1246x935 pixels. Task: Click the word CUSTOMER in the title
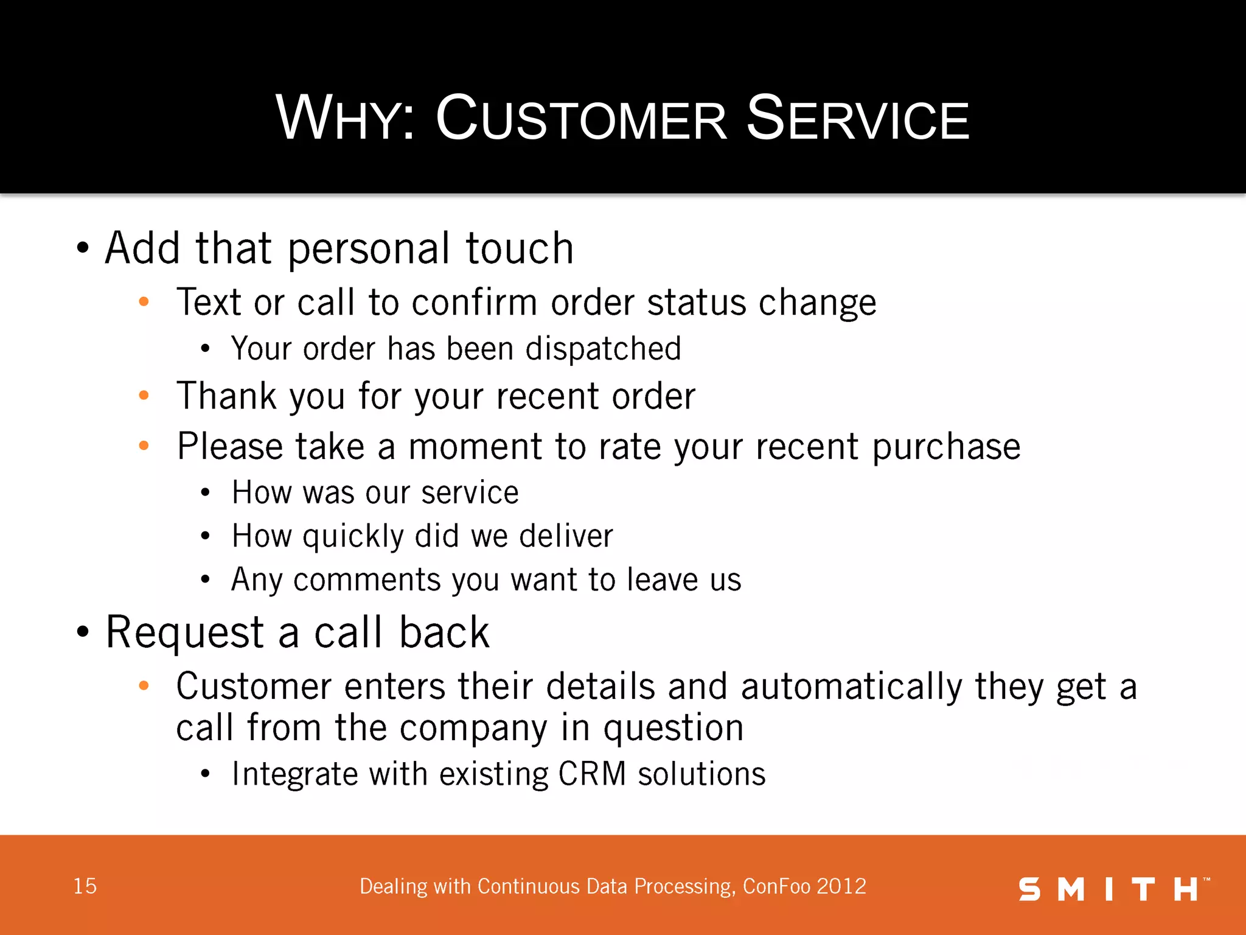tap(581, 119)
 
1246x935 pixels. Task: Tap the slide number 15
tap(85, 886)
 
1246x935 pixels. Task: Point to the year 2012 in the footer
tap(841, 886)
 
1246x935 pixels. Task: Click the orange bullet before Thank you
tap(144, 396)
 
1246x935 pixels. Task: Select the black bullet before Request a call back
tap(83, 632)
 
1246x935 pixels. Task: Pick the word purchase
tap(946, 447)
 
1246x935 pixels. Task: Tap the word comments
tap(366, 580)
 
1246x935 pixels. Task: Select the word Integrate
tap(294, 775)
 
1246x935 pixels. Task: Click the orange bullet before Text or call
tap(144, 301)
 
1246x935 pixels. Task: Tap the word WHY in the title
tap(344, 119)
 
